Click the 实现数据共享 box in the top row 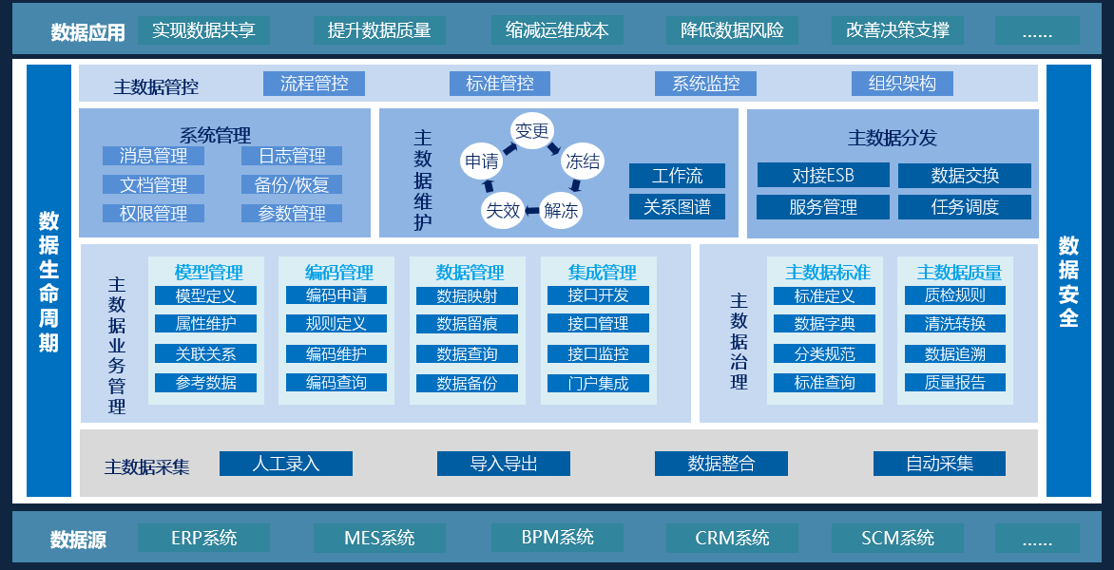(203, 30)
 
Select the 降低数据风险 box (732, 30)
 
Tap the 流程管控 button (314, 84)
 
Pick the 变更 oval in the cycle (531, 131)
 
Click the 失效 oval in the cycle (503, 210)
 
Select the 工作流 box (677, 176)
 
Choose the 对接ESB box (823, 176)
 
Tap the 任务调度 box (965, 207)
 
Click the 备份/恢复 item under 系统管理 (291, 184)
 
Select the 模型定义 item (205, 295)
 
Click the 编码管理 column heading (338, 273)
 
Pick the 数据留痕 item (467, 324)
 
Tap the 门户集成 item (598, 383)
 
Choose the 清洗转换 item (954, 324)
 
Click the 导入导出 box (503, 464)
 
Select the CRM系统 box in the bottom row (732, 538)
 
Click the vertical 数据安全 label (1068, 281)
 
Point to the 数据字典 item (824, 324)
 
